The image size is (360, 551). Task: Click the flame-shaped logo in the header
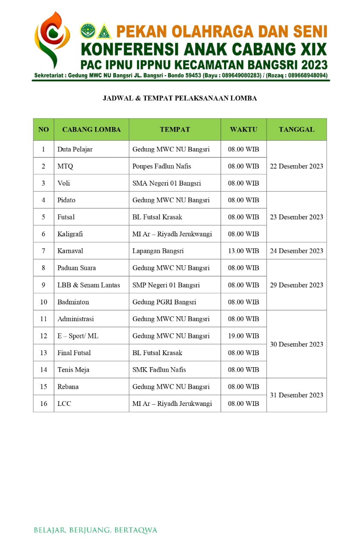pos(52,40)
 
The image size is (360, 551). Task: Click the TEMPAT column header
pos(175,129)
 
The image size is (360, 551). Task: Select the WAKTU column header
pos(243,129)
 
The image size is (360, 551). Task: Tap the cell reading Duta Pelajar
pos(75,149)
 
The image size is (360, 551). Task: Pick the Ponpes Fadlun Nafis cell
pos(162,166)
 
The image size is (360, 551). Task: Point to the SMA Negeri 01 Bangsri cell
pos(166,183)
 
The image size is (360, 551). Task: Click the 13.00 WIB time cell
pos(243,251)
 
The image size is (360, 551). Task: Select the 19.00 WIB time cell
pos(243,336)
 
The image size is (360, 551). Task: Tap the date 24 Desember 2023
pos(296,251)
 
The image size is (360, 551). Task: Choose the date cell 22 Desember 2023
pos(296,166)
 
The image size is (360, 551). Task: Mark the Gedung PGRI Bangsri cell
pos(164,302)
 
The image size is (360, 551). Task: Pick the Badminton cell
pos(73,302)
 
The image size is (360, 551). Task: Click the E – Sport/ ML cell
pos(78,336)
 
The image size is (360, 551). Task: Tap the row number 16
pos(43,403)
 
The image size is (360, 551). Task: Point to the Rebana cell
pos(68,387)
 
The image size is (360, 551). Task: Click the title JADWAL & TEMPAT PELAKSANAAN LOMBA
pos(180,98)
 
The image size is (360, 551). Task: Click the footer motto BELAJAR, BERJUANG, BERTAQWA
pos(95,530)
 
